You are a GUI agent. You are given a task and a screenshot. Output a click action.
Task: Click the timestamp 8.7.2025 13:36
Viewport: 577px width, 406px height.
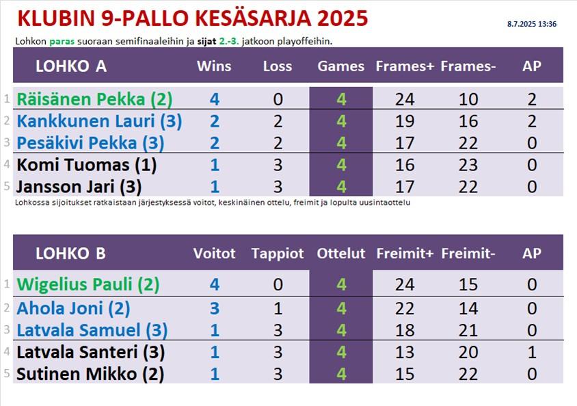coord(531,24)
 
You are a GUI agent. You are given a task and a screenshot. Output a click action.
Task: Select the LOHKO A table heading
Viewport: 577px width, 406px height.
coord(71,66)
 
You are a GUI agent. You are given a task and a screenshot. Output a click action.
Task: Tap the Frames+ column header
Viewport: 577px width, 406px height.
coord(405,66)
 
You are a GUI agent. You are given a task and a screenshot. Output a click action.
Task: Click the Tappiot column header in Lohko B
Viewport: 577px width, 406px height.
coord(278,253)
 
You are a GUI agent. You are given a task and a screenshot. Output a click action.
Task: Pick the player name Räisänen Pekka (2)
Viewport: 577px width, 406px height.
coord(94,99)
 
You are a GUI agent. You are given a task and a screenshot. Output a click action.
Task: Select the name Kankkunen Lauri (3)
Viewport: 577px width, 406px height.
coord(99,121)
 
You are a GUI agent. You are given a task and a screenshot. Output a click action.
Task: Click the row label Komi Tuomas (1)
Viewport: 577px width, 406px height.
coord(86,165)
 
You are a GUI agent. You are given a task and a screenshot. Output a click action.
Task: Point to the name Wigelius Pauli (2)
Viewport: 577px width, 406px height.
coord(88,284)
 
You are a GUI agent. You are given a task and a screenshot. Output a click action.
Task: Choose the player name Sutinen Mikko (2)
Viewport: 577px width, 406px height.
coord(90,374)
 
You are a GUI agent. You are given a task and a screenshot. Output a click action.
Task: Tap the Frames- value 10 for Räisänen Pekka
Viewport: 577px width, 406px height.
coord(468,99)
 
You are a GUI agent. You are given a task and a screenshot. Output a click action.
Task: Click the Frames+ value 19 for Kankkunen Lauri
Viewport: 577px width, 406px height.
coord(405,121)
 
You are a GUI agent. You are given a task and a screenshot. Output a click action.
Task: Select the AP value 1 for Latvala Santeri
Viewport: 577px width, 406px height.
coord(532,352)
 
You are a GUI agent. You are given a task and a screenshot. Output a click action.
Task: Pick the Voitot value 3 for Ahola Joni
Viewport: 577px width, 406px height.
coord(215,308)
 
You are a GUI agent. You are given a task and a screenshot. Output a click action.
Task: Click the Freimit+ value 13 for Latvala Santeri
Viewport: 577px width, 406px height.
coord(405,352)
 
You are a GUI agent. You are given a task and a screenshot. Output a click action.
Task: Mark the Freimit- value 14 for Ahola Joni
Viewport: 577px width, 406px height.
coord(468,308)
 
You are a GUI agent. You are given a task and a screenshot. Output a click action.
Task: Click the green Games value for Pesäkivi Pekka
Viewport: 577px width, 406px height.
coord(341,143)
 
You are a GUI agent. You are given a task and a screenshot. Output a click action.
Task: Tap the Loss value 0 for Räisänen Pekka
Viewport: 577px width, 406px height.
coord(278,99)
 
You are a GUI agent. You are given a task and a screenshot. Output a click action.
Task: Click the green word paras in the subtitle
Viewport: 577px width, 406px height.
coord(62,42)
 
